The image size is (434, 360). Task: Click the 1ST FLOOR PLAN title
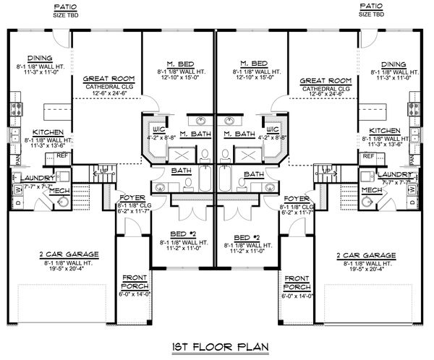(217, 346)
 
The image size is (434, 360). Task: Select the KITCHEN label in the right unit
(389, 131)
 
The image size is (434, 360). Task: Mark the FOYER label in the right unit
(298, 197)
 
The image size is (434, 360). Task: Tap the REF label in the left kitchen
(62, 155)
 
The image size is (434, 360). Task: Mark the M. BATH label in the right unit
(239, 134)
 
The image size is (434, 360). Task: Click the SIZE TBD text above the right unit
(373, 13)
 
